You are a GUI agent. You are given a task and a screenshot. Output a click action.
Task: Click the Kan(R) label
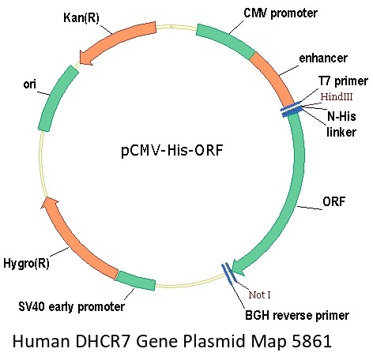coord(81,18)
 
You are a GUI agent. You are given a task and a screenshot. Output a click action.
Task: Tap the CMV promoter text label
coord(281,13)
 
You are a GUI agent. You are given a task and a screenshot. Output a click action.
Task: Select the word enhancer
coord(323,58)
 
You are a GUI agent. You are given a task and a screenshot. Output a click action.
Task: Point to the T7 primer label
coord(343,81)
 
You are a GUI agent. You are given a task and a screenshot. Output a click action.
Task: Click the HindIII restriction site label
coord(337,97)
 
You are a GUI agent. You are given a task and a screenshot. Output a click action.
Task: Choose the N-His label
coord(341,116)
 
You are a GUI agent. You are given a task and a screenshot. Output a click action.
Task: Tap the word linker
coord(341,132)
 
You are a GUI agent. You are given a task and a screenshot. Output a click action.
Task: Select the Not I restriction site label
coord(259,295)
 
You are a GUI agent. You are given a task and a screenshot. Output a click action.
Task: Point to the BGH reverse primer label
coord(297,315)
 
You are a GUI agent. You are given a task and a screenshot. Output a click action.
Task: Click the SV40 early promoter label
coord(71,307)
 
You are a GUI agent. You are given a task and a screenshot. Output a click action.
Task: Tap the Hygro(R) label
coord(26,263)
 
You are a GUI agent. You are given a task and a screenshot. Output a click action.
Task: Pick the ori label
coord(29,84)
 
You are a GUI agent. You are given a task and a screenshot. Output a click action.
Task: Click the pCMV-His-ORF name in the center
coord(172,150)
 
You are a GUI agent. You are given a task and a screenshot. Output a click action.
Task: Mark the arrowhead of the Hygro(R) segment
coord(49,203)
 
